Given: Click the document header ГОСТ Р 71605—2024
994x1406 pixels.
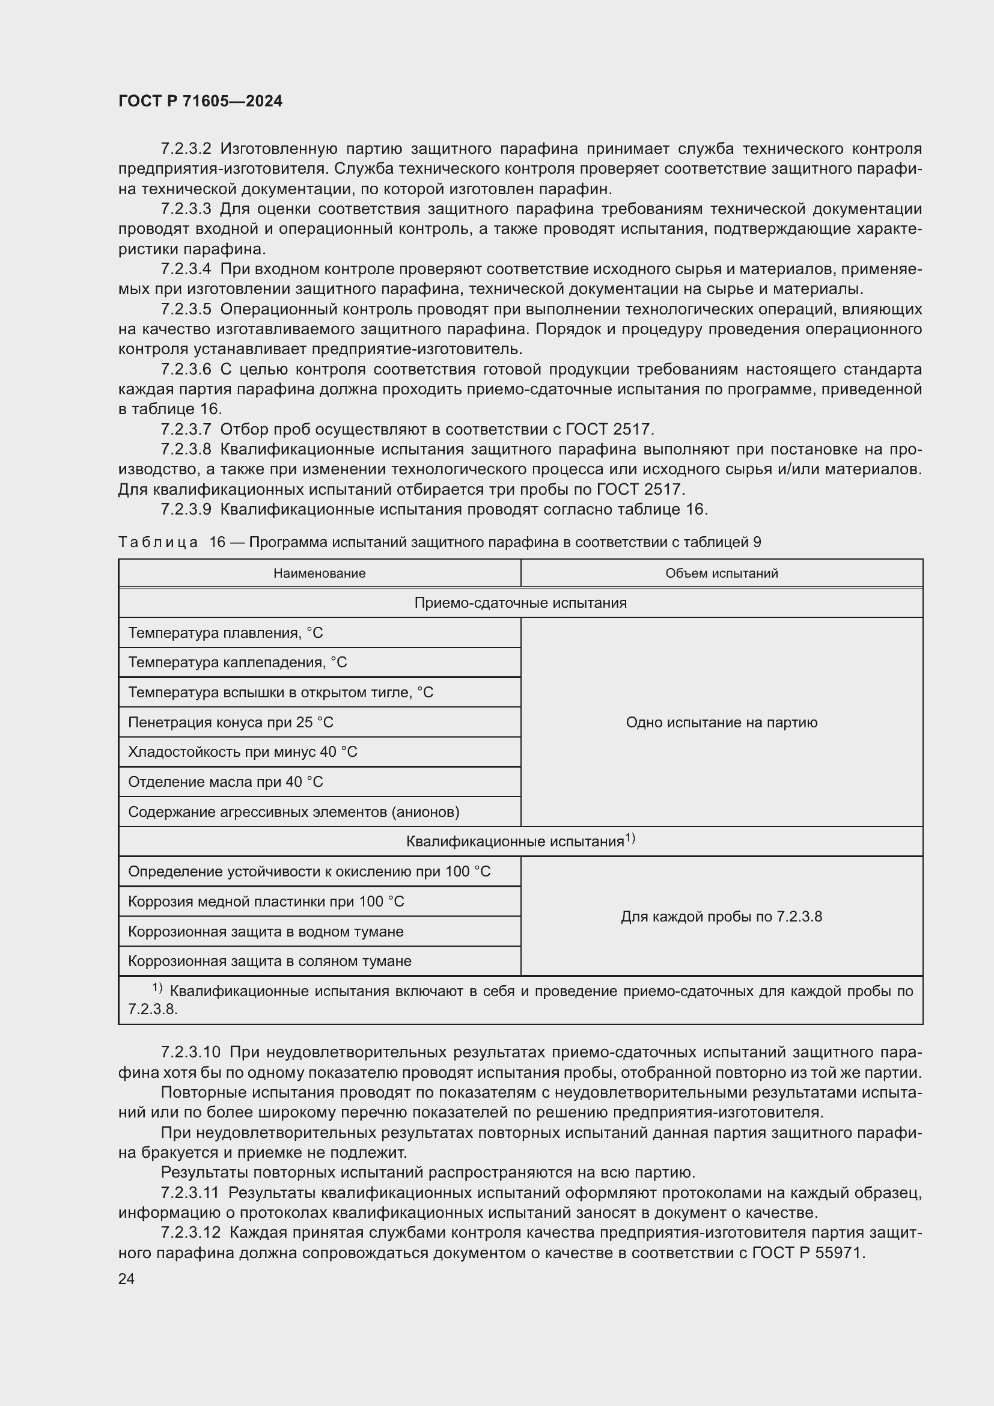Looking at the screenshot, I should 200,102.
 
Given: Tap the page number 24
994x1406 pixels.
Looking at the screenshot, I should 126,1279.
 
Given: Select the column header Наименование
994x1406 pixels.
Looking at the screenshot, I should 319,573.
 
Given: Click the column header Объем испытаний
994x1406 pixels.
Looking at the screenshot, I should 721,573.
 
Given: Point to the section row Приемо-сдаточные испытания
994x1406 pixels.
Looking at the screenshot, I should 520,602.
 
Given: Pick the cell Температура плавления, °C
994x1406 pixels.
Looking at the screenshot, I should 225,632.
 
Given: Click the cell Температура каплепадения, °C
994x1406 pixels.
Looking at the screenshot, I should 237,662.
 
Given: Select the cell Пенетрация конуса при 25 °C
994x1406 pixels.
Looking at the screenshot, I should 231,722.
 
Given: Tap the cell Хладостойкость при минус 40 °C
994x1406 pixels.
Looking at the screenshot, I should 242,751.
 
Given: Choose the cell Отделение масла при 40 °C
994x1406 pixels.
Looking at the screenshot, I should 225,781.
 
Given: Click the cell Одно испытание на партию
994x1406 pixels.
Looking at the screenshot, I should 721,722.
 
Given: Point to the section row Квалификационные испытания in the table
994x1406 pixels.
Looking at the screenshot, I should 516,842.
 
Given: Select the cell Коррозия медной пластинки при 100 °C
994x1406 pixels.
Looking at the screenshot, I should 266,902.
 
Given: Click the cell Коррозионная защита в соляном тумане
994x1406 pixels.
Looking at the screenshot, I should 269,961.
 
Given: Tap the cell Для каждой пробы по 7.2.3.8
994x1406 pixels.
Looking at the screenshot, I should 721,916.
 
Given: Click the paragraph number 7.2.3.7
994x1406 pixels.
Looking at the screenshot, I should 186,429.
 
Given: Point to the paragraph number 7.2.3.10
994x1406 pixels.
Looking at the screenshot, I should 190,1053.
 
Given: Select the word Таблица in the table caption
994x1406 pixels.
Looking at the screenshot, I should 158,542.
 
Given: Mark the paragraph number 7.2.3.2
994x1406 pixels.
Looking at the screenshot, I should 186,149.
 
